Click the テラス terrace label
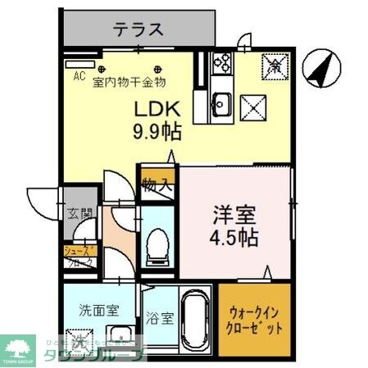tap(138, 30)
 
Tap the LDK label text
tap(156, 110)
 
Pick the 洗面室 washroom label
tap(98, 311)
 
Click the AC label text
tap(80, 76)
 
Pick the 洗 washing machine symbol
tap(80, 343)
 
